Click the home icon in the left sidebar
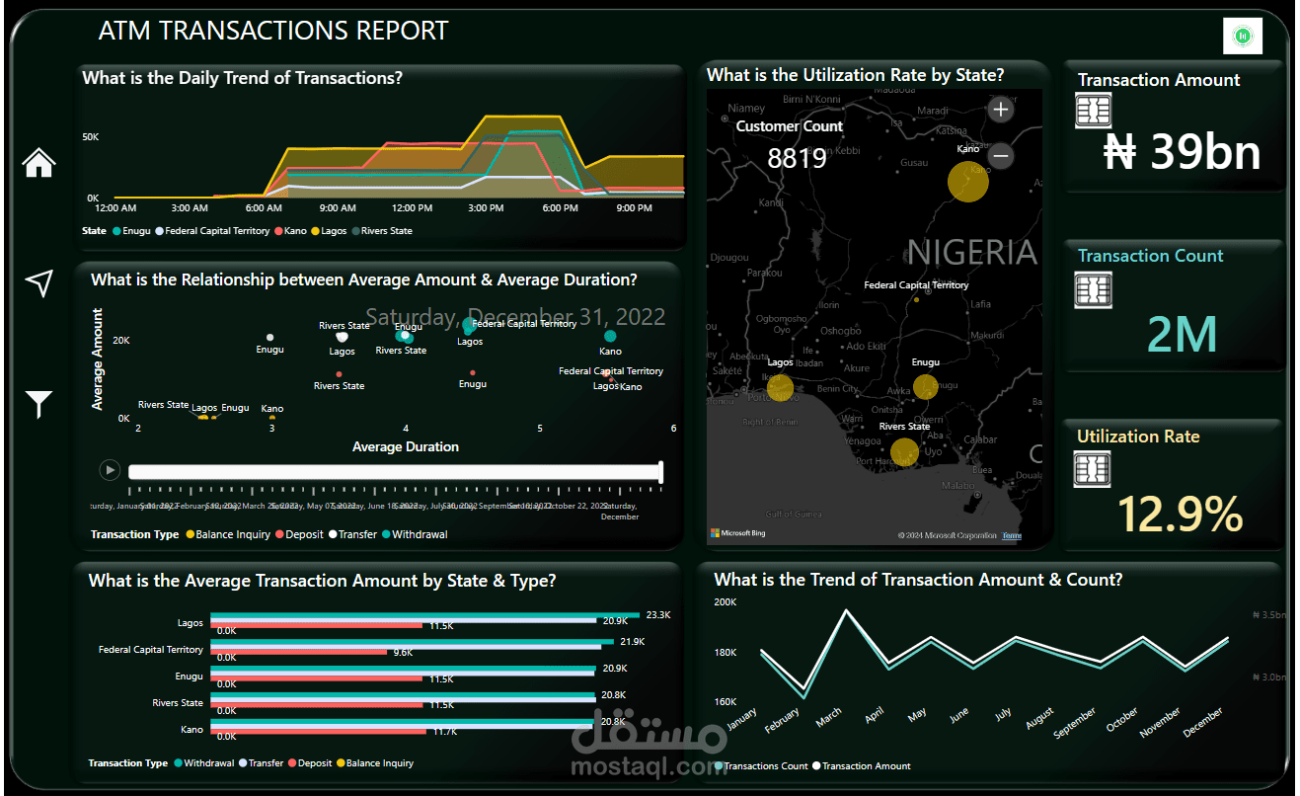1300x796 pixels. click(38, 163)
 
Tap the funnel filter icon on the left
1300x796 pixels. click(38, 404)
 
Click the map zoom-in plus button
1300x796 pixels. click(1001, 110)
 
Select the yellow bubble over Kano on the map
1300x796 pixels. click(968, 182)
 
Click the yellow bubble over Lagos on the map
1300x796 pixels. click(781, 387)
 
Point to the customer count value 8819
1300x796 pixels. click(797, 158)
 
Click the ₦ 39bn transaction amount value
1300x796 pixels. click(1182, 153)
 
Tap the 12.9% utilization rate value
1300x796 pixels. click(1180, 514)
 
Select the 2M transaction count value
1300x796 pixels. click(1183, 335)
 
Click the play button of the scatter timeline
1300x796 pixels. click(110, 471)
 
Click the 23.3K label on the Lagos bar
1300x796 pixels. click(657, 614)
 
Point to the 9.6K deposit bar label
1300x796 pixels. click(403, 653)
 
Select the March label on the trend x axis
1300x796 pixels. click(829, 714)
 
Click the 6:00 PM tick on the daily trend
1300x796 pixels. click(560, 208)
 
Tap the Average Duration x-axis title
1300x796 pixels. click(405, 447)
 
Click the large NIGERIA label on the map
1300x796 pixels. click(971, 253)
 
